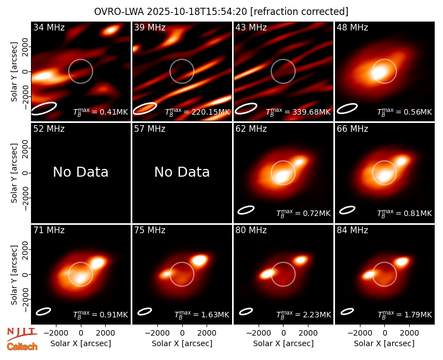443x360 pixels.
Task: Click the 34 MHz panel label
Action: click(x=49, y=27)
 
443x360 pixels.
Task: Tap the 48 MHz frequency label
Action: click(x=352, y=27)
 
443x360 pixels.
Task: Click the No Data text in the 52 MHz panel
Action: click(x=81, y=172)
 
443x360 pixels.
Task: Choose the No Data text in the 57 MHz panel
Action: click(x=182, y=172)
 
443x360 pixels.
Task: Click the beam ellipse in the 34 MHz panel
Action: click(x=44, y=109)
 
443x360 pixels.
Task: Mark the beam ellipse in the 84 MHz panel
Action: click(x=347, y=311)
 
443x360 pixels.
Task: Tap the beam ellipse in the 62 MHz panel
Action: click(x=246, y=210)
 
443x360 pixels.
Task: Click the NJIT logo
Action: click(x=22, y=334)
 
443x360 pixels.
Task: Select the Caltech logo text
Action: click(x=22, y=347)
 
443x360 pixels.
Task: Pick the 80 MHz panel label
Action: click(x=251, y=230)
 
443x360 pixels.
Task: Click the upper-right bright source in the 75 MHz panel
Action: click(x=199, y=260)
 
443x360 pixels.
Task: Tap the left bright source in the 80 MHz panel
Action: click(x=267, y=274)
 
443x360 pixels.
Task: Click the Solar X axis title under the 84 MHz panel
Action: click(x=384, y=343)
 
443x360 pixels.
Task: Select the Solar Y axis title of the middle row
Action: click(x=14, y=173)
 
